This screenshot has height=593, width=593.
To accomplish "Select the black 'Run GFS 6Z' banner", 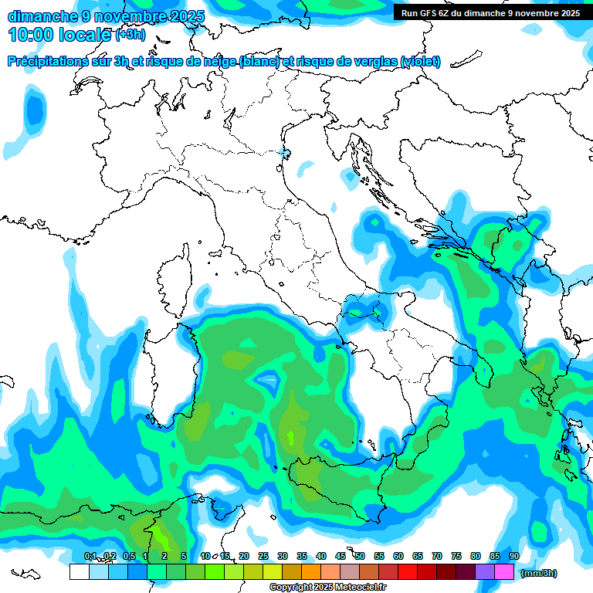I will tap(491, 12).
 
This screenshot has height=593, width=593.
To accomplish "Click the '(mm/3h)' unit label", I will tap(538, 573).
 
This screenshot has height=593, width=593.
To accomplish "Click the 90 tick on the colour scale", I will tap(514, 557).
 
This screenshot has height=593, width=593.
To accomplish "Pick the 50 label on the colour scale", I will tap(360, 557).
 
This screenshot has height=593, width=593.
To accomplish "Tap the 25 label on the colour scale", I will tap(263, 557).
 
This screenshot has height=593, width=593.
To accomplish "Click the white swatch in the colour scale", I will tap(79, 572).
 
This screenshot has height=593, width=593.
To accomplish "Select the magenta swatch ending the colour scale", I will tap(504, 572).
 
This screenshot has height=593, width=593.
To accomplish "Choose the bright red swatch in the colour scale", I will tap(408, 572).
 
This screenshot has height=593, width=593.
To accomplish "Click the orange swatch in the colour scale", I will tap(311, 572).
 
